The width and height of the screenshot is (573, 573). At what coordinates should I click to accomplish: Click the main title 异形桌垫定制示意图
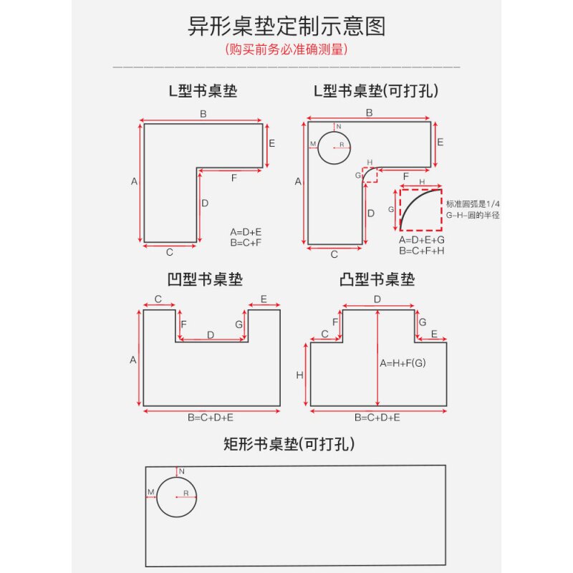pos(286,27)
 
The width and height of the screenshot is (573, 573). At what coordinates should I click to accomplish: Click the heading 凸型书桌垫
pos(377,279)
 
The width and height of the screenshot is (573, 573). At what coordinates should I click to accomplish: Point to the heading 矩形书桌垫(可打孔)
pos(289,444)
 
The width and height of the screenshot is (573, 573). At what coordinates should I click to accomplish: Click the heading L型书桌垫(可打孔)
pos(376,91)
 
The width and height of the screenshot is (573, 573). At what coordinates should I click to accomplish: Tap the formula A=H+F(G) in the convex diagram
pos(403,363)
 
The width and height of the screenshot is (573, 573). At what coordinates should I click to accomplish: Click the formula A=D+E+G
pos(422,239)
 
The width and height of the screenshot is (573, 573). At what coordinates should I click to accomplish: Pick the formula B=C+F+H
pos(422,250)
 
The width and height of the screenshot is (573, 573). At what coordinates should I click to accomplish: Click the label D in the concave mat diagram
pos(211,334)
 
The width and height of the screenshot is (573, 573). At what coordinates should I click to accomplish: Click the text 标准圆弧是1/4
pos(472,203)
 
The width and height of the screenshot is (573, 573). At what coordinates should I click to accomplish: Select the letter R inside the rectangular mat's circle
pos(186,494)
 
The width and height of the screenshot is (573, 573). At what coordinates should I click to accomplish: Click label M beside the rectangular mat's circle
pos(150,492)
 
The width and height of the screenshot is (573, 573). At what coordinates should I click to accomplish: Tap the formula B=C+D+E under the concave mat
pos(211,416)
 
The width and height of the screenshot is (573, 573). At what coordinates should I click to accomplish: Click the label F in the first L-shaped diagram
pos(233,178)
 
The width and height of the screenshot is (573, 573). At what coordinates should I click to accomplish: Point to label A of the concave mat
pos(133,360)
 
